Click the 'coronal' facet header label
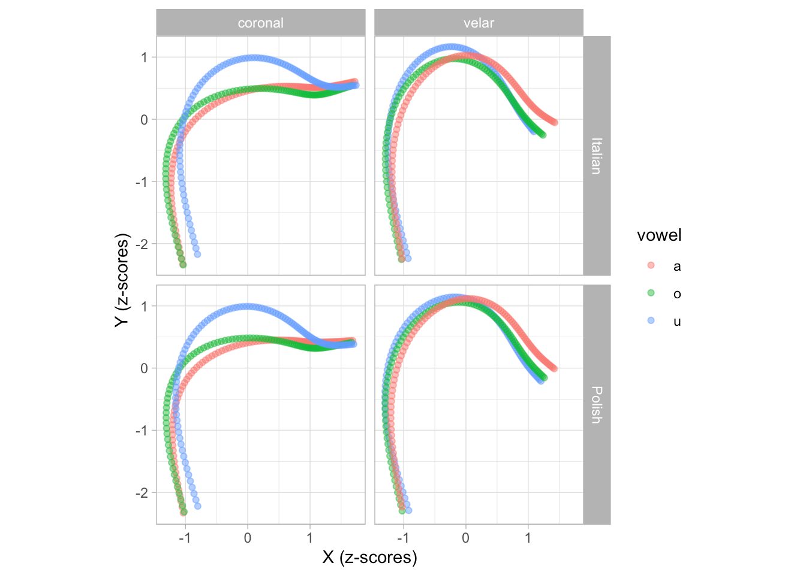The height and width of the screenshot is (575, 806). (x=260, y=23)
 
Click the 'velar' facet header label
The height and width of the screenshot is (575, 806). (x=479, y=23)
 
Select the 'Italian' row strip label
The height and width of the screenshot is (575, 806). (x=596, y=156)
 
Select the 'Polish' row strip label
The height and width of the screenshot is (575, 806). (x=596, y=405)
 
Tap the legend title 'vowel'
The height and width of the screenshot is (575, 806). (x=659, y=235)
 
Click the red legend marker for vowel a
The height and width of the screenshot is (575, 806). (x=651, y=265)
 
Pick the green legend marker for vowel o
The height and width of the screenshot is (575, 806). (x=651, y=293)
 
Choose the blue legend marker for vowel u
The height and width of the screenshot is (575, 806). (x=651, y=320)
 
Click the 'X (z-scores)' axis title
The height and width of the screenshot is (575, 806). (x=369, y=558)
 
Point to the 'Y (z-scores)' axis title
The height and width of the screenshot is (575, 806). (x=122, y=280)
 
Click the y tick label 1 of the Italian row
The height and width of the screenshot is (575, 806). (x=144, y=57)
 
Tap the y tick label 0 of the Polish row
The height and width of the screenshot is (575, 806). (x=144, y=368)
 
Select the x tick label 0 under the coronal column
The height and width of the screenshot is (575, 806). (x=248, y=538)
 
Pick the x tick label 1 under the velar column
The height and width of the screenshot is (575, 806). (x=528, y=538)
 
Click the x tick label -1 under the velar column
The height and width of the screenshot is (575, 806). (x=403, y=538)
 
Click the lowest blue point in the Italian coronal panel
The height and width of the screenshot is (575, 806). (x=197, y=254)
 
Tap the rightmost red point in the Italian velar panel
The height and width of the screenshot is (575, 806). (x=555, y=122)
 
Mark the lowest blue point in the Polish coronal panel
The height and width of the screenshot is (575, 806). (x=197, y=506)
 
